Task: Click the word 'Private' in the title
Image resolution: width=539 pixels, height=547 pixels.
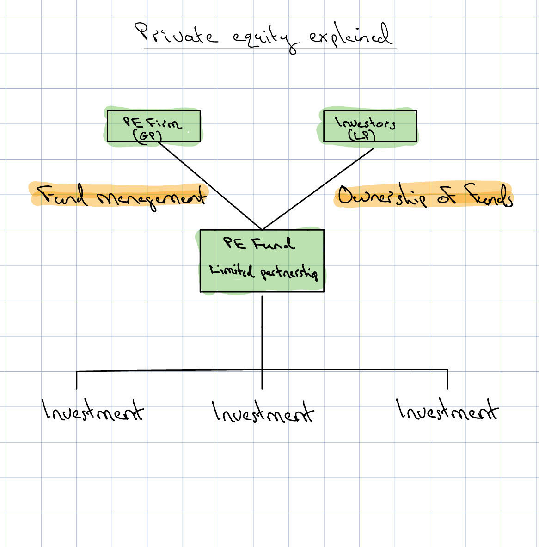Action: [x=176, y=35]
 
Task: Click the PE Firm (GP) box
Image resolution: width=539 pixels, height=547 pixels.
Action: [x=153, y=126]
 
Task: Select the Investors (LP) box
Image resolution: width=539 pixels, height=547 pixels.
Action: [x=369, y=126]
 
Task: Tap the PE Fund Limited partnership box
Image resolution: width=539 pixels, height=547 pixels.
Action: [x=262, y=260]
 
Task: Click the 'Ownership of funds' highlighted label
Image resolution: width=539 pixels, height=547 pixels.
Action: [x=423, y=196]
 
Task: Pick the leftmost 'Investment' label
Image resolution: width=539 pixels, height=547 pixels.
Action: [x=92, y=410]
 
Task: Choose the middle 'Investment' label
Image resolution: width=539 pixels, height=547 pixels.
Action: [x=263, y=412]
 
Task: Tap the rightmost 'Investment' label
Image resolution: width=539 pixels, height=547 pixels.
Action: [x=447, y=410]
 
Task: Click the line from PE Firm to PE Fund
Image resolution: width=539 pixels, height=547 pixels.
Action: [x=210, y=185]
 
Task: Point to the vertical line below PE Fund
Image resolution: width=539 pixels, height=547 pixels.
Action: [x=262, y=333]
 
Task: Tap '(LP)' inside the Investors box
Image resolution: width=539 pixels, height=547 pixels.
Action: [x=362, y=136]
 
